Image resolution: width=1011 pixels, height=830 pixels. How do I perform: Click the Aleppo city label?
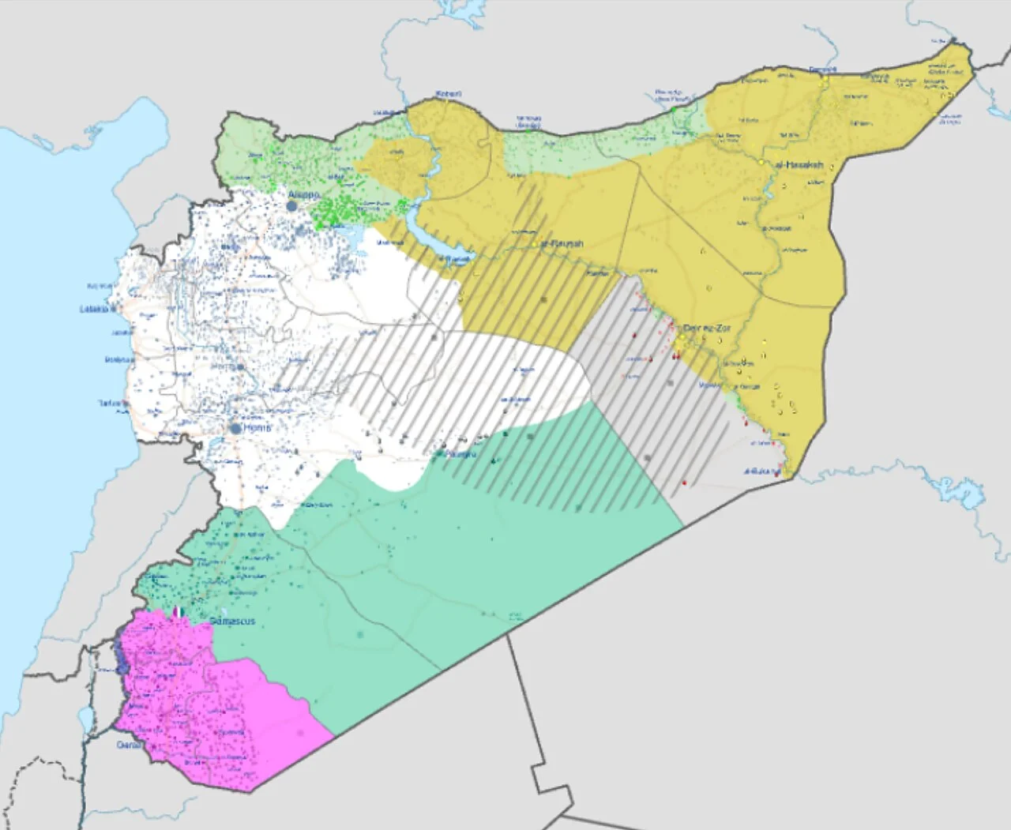[304, 194]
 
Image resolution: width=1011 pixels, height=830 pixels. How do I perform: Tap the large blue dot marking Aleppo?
[292, 205]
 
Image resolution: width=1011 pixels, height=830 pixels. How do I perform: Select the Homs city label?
[257, 427]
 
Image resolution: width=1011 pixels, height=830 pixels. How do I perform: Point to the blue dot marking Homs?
[236, 428]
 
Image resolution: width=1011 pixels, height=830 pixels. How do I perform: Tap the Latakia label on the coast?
[94, 309]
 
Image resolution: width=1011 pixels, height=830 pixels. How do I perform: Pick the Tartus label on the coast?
[109, 404]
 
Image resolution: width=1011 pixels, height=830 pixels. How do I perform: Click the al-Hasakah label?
[799, 165]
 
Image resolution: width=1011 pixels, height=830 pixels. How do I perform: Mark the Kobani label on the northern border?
[448, 95]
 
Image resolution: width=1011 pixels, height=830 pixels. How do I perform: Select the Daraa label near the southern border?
[129, 745]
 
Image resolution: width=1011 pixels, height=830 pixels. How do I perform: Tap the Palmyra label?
[460, 455]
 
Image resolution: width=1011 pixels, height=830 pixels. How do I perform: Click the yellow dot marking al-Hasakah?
[761, 162]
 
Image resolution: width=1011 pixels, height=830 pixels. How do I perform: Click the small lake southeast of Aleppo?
[350, 237]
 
